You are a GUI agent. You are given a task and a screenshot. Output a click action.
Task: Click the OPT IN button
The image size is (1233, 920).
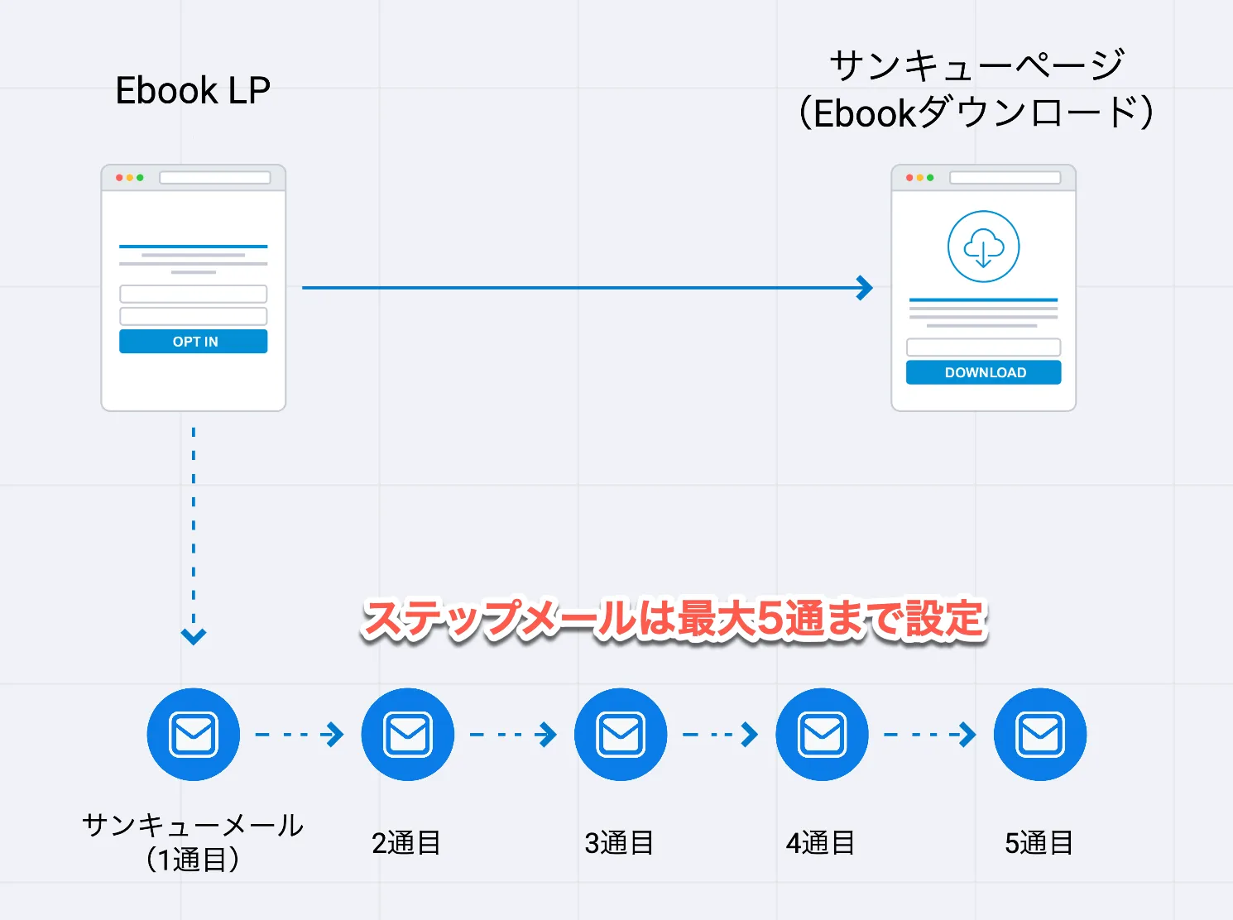point(193,342)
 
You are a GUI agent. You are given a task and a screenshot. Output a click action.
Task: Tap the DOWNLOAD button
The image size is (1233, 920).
point(983,372)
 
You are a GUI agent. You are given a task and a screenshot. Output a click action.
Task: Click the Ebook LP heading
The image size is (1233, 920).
point(193,90)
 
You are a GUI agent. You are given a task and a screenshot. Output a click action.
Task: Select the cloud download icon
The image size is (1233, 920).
point(983,247)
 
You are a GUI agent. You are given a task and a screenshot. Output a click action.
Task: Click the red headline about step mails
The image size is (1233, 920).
point(674,620)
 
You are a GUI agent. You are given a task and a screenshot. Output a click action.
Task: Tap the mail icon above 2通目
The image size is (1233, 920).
point(408,735)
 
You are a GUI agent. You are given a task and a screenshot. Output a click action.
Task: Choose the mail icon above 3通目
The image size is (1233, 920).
point(621,735)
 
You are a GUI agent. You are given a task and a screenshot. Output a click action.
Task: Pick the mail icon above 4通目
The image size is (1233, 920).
point(822,735)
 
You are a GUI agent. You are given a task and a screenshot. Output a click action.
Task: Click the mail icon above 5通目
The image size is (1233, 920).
point(1040,735)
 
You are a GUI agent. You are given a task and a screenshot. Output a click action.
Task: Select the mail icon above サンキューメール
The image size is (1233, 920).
point(194,735)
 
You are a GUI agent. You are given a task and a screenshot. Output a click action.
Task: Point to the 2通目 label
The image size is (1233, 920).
point(405,843)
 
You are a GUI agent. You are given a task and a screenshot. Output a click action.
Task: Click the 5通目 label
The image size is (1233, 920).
point(1039,843)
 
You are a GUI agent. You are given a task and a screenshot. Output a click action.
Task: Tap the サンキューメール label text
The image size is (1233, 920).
point(193,826)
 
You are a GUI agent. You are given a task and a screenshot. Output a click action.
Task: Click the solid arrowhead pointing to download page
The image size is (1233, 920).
point(865,288)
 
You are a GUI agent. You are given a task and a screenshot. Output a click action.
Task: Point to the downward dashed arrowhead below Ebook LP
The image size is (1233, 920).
point(194,635)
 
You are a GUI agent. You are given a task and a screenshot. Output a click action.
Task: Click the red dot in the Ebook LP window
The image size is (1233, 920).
point(119,178)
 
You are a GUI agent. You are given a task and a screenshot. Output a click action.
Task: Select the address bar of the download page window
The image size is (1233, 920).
point(1005,178)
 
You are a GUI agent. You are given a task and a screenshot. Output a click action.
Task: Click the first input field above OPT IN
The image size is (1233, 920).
point(193,294)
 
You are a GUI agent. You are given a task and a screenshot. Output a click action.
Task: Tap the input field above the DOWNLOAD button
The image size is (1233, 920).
point(983,347)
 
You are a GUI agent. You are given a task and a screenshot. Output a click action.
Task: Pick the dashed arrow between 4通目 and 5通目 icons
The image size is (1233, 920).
point(930,735)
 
